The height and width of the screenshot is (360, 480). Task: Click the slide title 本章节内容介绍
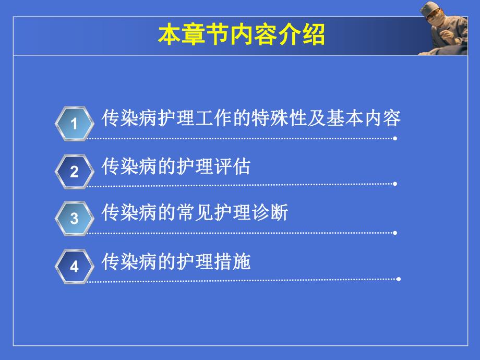[241, 35]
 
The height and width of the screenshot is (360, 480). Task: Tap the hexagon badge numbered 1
[75, 124]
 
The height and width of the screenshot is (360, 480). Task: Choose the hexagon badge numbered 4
[75, 266]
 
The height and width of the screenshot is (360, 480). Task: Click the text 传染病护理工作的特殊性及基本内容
[251, 118]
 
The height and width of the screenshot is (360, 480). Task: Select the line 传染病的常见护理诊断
[195, 213]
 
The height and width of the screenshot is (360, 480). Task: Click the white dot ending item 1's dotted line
[395, 138]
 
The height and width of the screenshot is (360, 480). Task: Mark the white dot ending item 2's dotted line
[395, 184]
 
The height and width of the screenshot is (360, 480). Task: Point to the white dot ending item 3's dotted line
[395, 233]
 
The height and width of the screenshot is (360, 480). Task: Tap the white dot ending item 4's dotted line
[399, 279]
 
